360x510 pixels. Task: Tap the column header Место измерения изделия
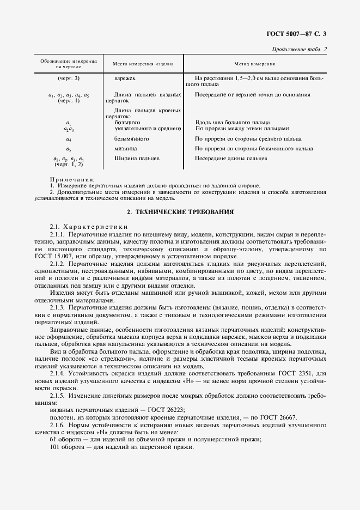coord(143,64)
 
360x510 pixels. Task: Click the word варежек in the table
coord(124,79)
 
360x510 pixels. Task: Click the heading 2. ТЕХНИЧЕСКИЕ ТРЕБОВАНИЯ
coord(180,211)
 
